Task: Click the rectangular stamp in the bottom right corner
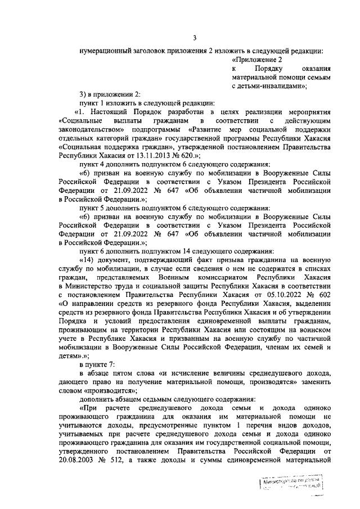tap(292, 481)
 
